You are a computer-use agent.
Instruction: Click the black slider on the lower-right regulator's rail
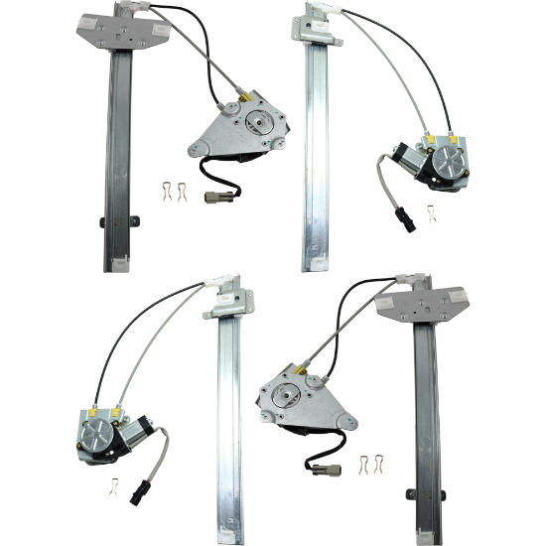[441, 494]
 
